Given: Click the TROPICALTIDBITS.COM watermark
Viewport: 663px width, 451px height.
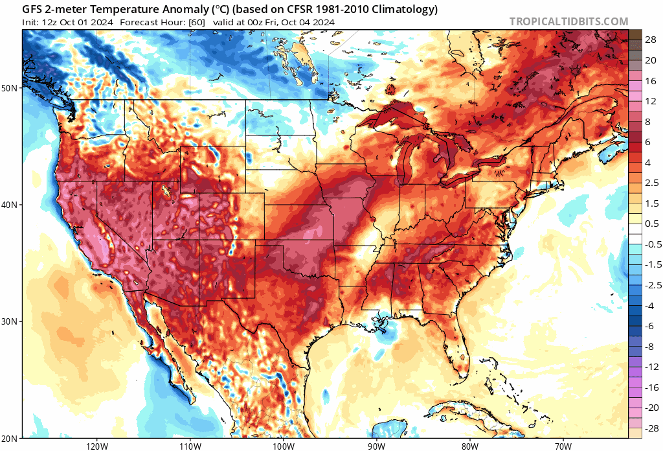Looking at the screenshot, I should pyautogui.click(x=568, y=21).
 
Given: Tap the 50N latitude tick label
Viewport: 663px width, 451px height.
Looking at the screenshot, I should pyautogui.click(x=11, y=87).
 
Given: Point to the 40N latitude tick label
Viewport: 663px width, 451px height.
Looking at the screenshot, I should pyautogui.click(x=11, y=205).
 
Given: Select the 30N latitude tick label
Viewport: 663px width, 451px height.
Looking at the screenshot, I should pyautogui.click(x=11, y=322).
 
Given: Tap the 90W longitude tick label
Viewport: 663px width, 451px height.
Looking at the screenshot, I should pyautogui.click(x=376, y=446).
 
